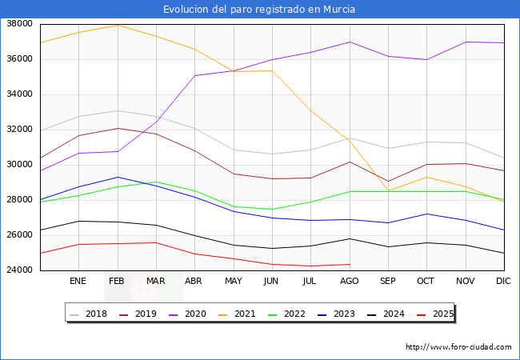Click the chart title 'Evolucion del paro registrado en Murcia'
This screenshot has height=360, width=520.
click(x=259, y=10)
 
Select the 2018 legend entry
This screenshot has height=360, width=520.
click(x=88, y=314)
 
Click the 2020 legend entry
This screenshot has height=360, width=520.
click(x=187, y=314)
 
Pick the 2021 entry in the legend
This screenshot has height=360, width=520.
click(x=237, y=314)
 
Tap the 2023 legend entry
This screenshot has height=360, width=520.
click(x=336, y=314)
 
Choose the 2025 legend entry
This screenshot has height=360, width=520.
click(x=435, y=314)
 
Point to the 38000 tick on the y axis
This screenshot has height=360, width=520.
click(x=19, y=23)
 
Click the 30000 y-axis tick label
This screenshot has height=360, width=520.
click(x=19, y=165)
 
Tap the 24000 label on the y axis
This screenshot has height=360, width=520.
click(x=19, y=270)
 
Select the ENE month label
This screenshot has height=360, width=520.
click(x=78, y=281)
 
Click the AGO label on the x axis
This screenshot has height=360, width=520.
click(x=350, y=281)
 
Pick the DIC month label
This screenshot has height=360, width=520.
click(x=503, y=281)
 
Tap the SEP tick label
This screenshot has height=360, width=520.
click(x=388, y=281)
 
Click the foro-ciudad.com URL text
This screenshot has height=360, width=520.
click(x=458, y=347)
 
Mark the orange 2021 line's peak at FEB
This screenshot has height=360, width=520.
click(x=118, y=25)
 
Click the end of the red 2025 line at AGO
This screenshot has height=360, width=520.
click(x=350, y=264)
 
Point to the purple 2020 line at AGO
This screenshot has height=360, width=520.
click(x=350, y=42)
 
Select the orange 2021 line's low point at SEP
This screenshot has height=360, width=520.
click(x=388, y=191)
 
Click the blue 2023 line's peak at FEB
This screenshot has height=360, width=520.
click(x=118, y=177)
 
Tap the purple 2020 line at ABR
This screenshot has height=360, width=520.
click(x=194, y=75)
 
